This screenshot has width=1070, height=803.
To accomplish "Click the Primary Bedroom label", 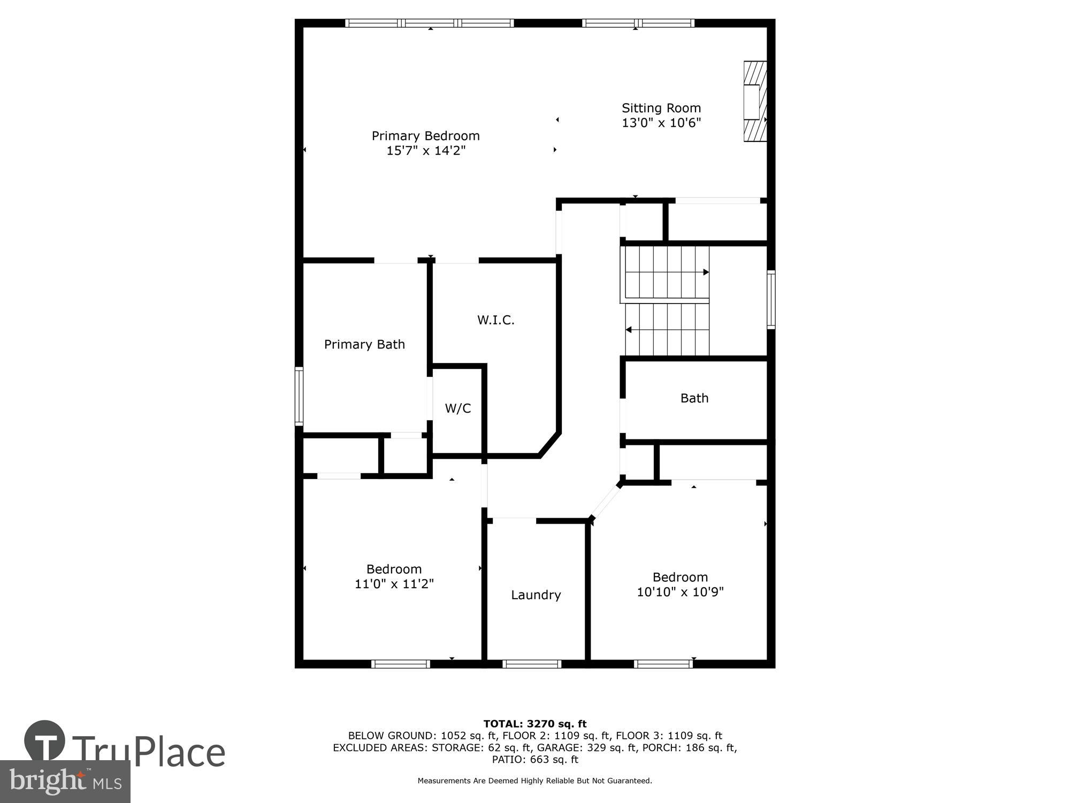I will tap(425, 136).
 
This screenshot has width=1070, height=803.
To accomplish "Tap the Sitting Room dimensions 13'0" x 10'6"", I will tap(661, 123).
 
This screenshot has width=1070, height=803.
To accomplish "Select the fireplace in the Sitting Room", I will tap(755, 102).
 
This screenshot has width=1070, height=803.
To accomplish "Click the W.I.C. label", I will tap(495, 320).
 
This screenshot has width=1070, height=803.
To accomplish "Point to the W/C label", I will tap(458, 408).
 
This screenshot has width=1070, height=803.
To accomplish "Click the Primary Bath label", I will tap(364, 344).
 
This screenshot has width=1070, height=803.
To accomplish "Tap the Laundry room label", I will tap(536, 595).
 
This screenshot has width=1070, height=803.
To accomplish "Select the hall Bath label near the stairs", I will tap(694, 398).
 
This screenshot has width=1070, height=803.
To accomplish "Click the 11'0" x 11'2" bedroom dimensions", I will tap(394, 584).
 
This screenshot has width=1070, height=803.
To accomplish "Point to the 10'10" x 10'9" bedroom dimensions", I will tap(680, 592).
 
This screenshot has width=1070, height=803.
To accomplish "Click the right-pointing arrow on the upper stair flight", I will tap(706, 272).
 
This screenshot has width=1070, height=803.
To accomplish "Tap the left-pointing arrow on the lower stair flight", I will tap(629, 330).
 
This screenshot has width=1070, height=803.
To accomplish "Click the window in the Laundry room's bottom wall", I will tap(532, 664).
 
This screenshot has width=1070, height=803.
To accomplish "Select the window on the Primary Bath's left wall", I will tap(299, 396).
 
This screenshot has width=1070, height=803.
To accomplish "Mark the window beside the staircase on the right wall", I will tap(771, 300).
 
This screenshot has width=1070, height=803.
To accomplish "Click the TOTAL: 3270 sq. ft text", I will tap(535, 724).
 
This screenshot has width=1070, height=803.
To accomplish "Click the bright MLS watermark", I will tap(65, 782).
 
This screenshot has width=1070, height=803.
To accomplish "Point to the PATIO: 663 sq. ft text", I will tap(535, 759).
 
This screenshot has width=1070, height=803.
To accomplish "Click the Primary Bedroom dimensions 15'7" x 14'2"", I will tap(425, 151).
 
